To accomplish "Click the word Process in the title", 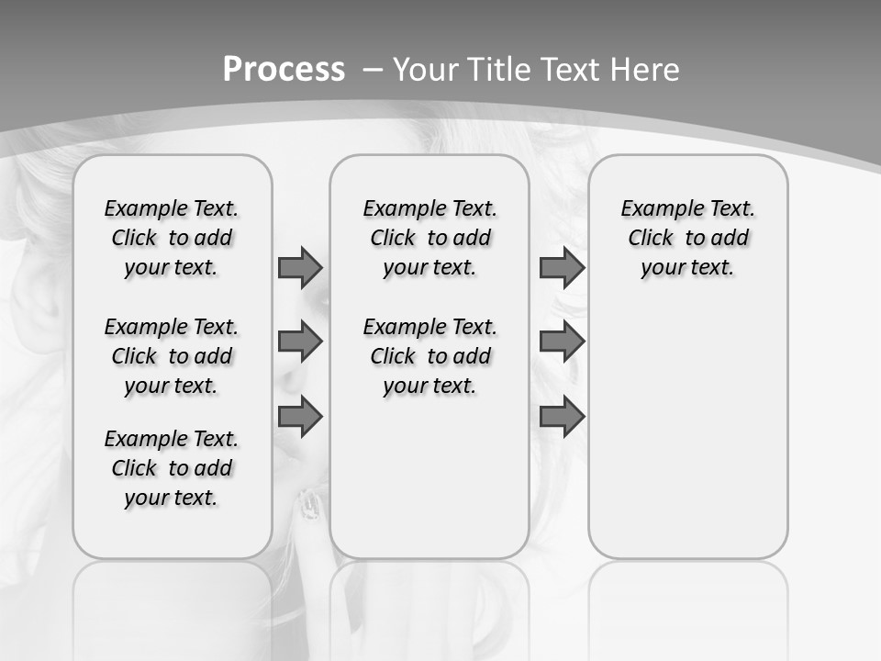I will (x=284, y=70).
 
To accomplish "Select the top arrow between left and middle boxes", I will (x=300, y=267).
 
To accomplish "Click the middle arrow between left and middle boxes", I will (x=300, y=342).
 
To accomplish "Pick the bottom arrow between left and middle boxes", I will (x=300, y=416).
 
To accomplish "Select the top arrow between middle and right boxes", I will (x=562, y=267).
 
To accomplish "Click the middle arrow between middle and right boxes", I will (x=562, y=342).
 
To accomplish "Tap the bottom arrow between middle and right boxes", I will (x=562, y=416).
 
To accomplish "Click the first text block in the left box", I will (x=172, y=238).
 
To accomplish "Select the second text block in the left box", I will (x=172, y=356).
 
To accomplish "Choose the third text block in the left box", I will (x=172, y=468).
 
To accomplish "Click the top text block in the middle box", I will (x=429, y=238).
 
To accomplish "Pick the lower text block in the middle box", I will (x=429, y=356).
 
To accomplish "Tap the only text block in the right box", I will (x=687, y=238).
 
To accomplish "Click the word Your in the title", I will (x=427, y=70).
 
